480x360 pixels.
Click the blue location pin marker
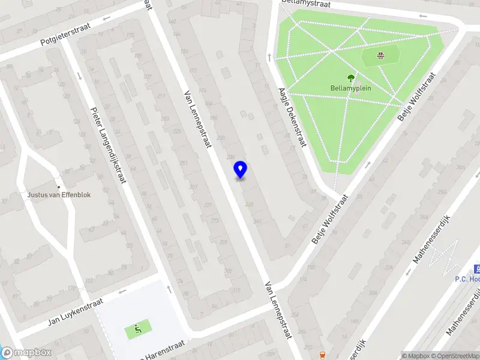point(240,170)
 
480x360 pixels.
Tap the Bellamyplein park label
point(351,88)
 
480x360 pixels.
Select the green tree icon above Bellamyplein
point(351,77)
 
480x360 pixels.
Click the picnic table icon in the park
point(380,56)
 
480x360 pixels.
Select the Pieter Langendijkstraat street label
point(108,144)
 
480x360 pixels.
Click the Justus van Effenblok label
point(58,194)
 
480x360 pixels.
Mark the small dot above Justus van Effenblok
point(58,187)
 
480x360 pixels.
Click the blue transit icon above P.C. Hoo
point(477,268)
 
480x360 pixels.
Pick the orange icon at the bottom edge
point(323,355)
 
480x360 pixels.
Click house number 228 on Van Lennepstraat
point(250,205)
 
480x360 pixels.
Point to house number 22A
point(388,268)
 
